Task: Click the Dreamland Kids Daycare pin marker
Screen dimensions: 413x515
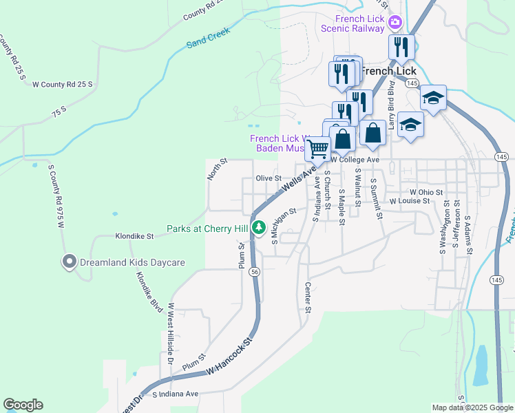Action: (69, 262)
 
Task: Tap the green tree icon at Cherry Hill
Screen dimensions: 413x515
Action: (259, 227)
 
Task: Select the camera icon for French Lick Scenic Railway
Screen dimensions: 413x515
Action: (395, 23)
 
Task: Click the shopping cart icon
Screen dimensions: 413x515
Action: (317, 147)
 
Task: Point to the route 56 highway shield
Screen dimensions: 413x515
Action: (255, 273)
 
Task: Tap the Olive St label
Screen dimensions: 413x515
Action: (266, 178)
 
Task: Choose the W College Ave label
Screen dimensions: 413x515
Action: (355, 160)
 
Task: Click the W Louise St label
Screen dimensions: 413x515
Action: (409, 201)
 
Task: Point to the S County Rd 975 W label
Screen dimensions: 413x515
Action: (56, 195)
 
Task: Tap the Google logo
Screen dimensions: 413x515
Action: (23, 405)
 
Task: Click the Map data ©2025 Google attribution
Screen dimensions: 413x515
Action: (472, 407)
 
